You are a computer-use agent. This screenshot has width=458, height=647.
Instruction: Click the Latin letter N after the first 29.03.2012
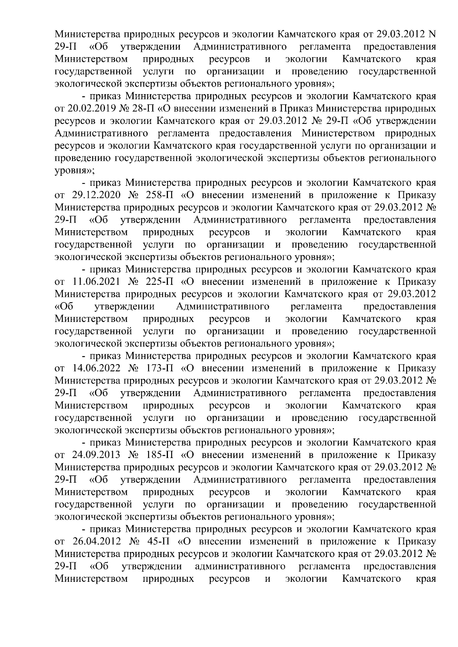coord(432,34)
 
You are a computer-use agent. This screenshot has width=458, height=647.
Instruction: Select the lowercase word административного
coord(240,567)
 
